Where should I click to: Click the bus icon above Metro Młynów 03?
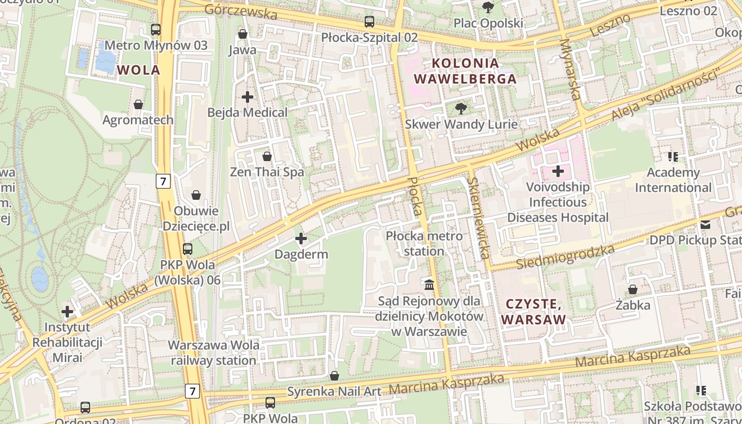tap(156, 30)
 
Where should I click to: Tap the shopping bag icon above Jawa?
tap(243, 34)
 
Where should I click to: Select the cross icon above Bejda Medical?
tap(247, 97)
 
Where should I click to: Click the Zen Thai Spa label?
tap(267, 172)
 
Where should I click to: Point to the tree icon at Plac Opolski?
tap(488, 7)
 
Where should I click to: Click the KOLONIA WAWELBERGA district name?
tap(465, 71)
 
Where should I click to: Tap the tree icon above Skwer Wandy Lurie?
tap(461, 109)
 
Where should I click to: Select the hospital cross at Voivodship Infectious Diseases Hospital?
tap(558, 171)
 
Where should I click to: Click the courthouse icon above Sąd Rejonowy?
tap(429, 285)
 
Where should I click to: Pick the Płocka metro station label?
tap(424, 243)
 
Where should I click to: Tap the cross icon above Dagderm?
tap(301, 239)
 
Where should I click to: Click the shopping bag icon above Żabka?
tap(633, 290)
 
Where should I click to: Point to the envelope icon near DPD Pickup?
tap(705, 225)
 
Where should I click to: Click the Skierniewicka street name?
tap(478, 217)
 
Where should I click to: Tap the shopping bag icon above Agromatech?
tap(138, 104)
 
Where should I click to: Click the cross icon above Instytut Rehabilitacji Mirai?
tap(67, 312)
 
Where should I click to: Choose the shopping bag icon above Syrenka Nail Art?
tap(334, 376)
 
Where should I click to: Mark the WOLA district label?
tap(138, 70)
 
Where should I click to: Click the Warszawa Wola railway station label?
tap(214, 353)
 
